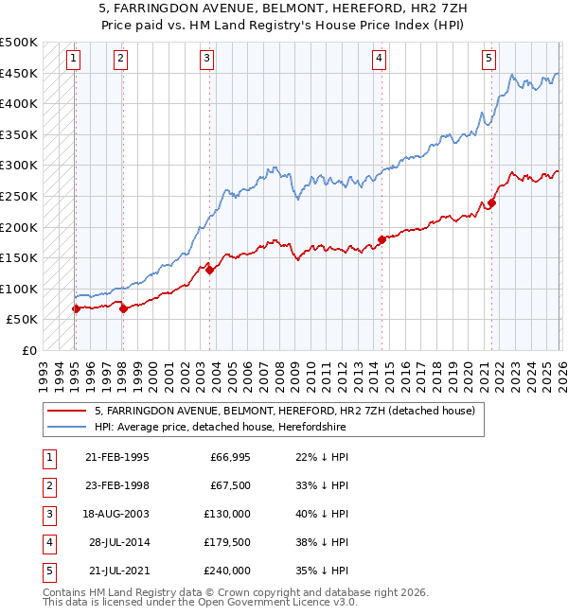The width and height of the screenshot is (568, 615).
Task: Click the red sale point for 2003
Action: click(209, 270)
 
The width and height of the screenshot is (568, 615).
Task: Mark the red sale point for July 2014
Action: click(382, 239)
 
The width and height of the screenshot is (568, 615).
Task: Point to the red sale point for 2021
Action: click(491, 202)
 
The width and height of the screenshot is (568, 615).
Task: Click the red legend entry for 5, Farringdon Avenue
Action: click(290, 411)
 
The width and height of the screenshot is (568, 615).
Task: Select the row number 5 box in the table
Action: click(47, 571)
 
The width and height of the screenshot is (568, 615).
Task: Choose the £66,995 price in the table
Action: click(230, 457)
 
